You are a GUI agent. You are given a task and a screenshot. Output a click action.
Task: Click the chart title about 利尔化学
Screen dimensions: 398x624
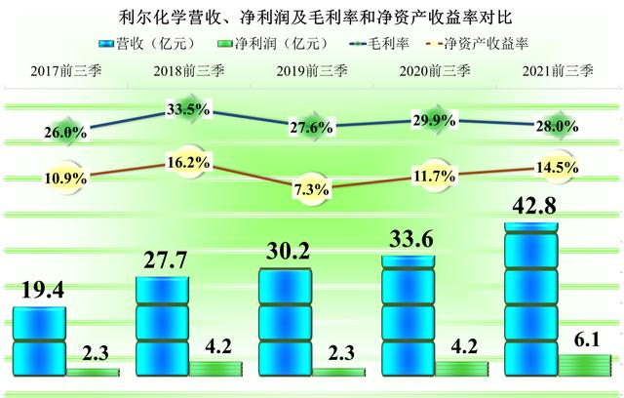click(x=312, y=17)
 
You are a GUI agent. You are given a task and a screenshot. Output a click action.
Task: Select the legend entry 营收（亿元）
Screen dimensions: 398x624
click(x=141, y=44)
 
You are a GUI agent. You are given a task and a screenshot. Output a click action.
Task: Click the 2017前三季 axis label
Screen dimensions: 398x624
click(x=63, y=70)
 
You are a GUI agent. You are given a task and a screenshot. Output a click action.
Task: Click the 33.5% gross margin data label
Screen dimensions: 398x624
click(x=188, y=109)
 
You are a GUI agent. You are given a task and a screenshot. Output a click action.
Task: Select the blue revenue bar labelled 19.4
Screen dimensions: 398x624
click(x=38, y=337)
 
